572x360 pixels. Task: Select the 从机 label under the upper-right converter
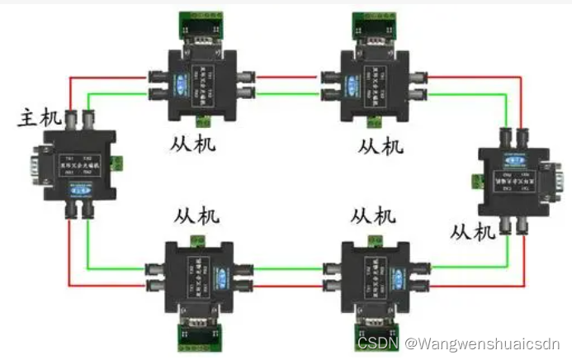(x=381, y=146)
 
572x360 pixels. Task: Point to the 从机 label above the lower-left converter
(x=196, y=217)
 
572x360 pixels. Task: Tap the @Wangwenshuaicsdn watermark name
(x=484, y=341)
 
